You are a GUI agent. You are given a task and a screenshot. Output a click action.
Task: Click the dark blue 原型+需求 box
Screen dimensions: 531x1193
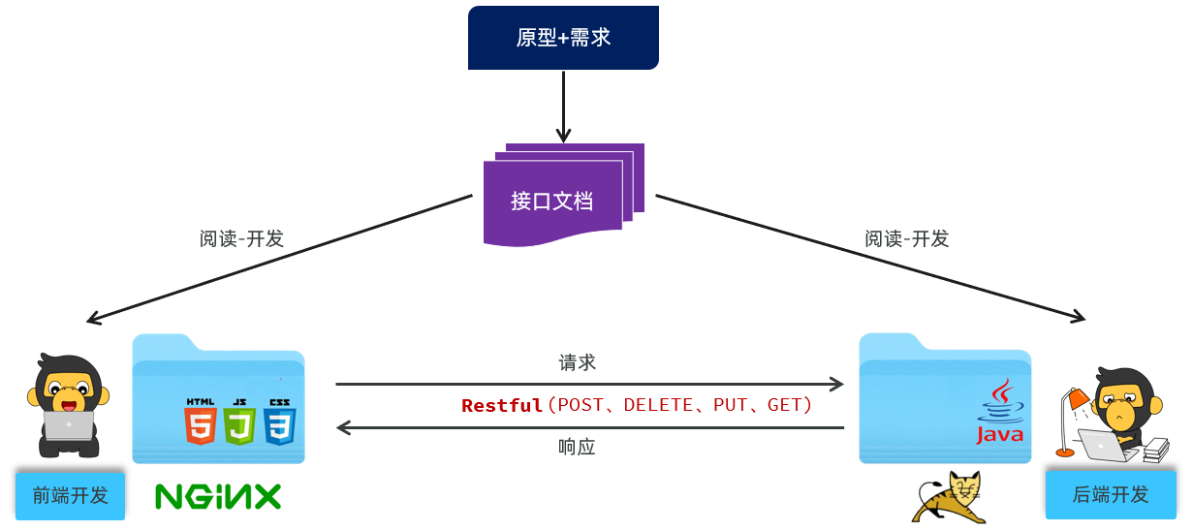point(563,38)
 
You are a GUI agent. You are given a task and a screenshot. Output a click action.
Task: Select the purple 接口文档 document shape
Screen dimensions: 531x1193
point(553,201)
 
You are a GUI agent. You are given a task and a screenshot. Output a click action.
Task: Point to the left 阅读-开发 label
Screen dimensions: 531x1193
point(241,238)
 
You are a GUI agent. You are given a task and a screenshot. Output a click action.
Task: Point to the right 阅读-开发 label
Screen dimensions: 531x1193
point(906,238)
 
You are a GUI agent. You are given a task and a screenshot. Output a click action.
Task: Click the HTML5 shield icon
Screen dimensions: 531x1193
point(200,423)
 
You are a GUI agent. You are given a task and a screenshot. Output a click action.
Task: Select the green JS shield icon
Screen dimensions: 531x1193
point(239,423)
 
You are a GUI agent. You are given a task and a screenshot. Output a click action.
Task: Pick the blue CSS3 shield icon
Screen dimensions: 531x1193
point(279,423)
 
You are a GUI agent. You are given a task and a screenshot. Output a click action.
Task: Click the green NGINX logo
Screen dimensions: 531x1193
point(218,497)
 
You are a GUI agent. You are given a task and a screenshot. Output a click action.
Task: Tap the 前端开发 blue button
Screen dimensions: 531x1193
point(71,495)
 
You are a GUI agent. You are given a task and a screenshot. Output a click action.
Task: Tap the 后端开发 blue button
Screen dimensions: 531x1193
point(1111,494)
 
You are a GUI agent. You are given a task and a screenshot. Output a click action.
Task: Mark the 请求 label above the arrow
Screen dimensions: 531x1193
point(577,362)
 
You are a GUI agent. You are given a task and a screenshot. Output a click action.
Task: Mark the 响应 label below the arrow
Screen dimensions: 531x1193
point(577,447)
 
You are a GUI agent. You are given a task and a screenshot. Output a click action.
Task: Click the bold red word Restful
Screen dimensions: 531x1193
point(501,405)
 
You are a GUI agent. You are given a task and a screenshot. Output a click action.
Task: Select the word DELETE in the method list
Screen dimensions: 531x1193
point(658,405)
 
